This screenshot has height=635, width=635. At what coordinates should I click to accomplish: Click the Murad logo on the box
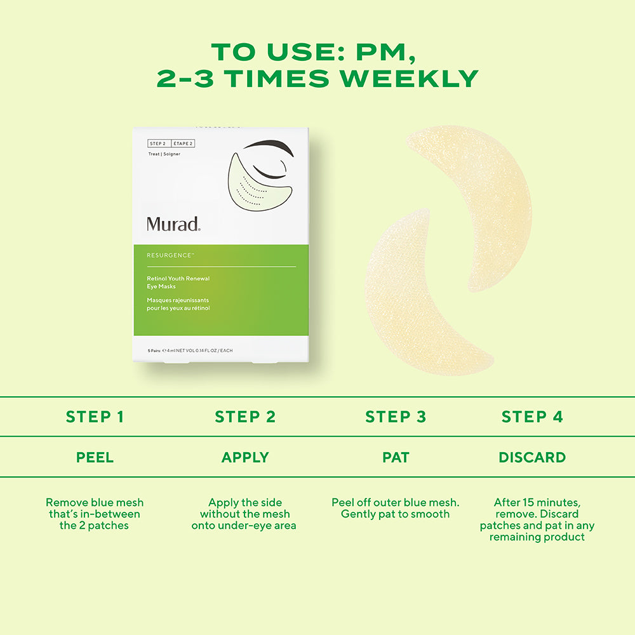tap(173, 224)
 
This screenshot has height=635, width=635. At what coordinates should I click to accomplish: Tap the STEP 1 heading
tap(95, 417)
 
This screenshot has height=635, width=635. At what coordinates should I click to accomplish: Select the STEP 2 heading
tap(245, 417)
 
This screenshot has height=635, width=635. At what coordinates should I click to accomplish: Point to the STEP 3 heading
tap(395, 417)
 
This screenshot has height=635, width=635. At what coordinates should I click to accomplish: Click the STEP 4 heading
tap(532, 417)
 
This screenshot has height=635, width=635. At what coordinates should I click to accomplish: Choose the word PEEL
tap(95, 457)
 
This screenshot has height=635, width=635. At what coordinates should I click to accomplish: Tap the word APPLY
tap(245, 457)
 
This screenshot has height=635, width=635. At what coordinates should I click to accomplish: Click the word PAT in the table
tap(395, 457)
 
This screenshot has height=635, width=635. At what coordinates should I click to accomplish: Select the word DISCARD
tap(532, 457)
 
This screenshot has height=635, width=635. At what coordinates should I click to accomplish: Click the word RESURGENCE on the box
tap(170, 255)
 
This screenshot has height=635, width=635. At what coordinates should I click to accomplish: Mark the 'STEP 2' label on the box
tap(157, 144)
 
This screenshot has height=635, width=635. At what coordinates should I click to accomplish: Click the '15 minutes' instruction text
tap(537, 502)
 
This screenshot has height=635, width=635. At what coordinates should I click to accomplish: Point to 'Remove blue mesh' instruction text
tap(94, 502)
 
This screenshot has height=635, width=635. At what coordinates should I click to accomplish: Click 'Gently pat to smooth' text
tap(395, 514)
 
